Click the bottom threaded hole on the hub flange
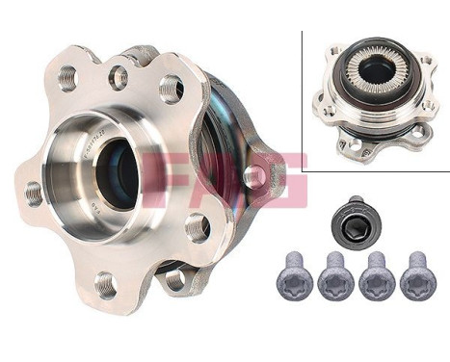pos(105,284)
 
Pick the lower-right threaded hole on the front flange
pos(197,226)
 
